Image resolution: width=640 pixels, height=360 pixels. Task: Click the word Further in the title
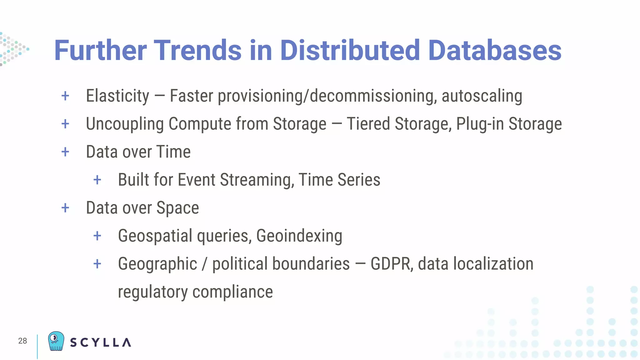tap(100, 51)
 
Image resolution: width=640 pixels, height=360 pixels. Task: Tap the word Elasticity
tap(117, 96)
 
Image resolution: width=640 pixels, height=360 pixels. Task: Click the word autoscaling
tap(482, 96)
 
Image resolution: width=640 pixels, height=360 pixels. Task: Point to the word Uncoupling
tap(125, 124)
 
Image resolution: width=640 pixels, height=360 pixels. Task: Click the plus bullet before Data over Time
tap(65, 152)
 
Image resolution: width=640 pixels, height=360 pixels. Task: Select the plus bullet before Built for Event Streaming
tap(97, 180)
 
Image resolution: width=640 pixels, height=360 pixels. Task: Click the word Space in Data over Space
tap(177, 208)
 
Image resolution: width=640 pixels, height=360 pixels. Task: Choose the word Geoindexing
tap(299, 236)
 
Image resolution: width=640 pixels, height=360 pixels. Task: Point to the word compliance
tap(232, 292)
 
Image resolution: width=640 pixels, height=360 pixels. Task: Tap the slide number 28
tap(22, 341)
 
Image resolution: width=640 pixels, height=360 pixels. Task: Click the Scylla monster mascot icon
tap(56, 341)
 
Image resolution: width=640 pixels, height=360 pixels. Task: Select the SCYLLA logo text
tap(100, 342)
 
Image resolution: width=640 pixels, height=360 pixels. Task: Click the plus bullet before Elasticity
tap(65, 96)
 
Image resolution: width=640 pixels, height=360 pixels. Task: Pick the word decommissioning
tap(373, 96)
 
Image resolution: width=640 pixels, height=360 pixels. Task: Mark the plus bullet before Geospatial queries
tap(97, 236)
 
